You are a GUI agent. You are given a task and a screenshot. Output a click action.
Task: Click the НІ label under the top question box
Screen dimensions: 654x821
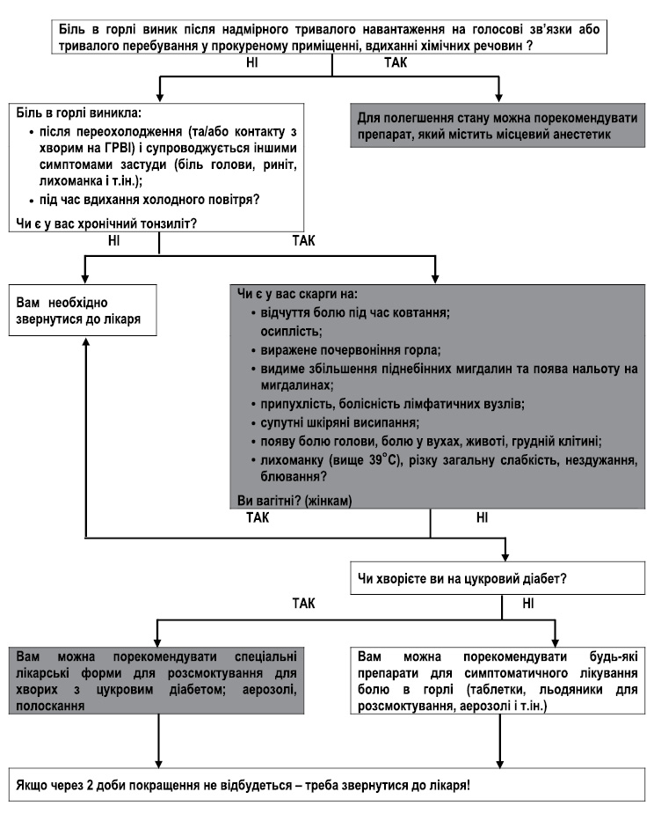pos(251,62)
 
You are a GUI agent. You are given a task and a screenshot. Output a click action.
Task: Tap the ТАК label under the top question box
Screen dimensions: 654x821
pos(396,62)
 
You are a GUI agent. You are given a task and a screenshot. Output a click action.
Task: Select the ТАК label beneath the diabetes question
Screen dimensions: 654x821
pos(303,604)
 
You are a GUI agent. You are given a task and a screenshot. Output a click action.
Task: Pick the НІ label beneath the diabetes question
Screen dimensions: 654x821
pos(528,604)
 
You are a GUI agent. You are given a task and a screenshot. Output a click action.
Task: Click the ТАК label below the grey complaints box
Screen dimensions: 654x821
pos(258,517)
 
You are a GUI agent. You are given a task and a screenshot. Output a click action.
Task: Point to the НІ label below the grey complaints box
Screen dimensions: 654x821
pos(482,517)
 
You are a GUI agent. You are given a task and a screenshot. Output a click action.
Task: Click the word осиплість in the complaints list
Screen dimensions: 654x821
pos(291,332)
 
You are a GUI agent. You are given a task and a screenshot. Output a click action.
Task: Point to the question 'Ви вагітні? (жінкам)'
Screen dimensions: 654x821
pos(294,501)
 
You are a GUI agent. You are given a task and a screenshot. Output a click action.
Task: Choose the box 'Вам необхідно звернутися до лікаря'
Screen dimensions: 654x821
pos(83,310)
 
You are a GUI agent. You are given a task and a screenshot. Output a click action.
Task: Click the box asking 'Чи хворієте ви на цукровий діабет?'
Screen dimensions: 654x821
pos(498,578)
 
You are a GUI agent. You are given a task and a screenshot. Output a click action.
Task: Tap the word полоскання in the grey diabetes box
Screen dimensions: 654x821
pos(50,706)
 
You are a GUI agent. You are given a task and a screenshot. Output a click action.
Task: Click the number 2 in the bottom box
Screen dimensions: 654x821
pos(90,786)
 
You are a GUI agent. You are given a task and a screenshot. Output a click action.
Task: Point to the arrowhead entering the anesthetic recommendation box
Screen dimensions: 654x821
pos(498,97)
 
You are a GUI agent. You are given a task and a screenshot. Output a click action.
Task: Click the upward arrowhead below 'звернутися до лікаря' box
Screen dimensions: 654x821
pos(86,341)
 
